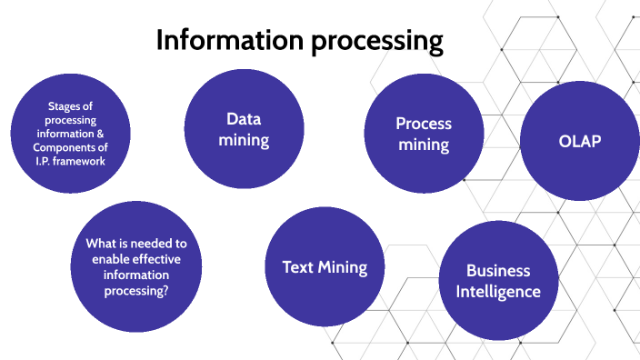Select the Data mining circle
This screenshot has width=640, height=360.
coord(244,130)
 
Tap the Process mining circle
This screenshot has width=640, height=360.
coord(424,135)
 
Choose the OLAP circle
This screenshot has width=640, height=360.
coord(579,142)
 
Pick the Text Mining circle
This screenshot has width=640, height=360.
coord(324,267)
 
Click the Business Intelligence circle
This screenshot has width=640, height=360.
coord(498,281)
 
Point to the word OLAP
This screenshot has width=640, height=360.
coord(579,142)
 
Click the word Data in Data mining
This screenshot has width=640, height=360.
coord(244,119)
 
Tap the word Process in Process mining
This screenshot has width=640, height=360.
coord(424,124)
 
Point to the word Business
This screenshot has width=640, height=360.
coord(498,271)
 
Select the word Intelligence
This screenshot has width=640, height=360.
coord(498,292)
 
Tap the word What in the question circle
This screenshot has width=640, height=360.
coord(101,244)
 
